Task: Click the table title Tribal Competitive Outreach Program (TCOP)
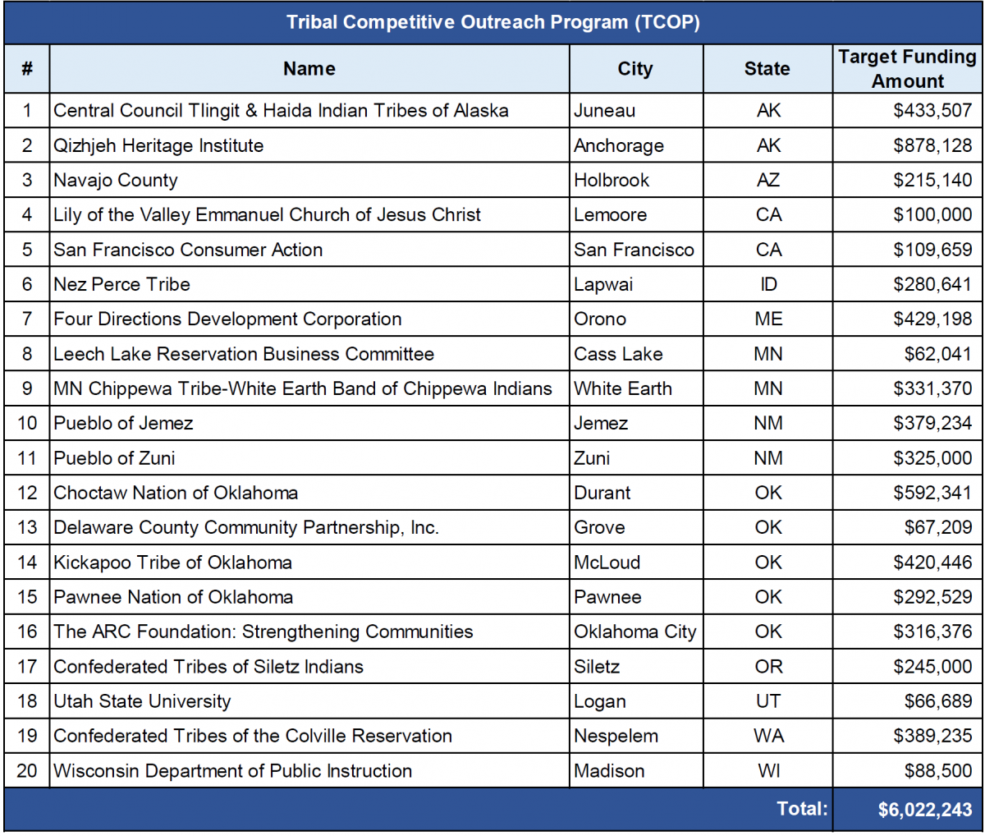click(492, 22)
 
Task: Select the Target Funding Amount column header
click(907, 69)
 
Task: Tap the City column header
click(635, 69)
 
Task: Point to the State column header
click(767, 69)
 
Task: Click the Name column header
click(309, 69)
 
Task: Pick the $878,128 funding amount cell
click(932, 145)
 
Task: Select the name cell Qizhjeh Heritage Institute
click(158, 145)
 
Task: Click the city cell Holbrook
click(612, 180)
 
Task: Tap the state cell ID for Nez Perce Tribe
click(768, 284)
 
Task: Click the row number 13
click(27, 527)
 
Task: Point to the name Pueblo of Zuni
click(114, 458)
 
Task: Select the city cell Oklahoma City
click(635, 632)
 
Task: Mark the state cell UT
click(768, 701)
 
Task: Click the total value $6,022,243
click(924, 810)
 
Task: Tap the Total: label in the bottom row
click(802, 809)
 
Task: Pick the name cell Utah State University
click(142, 701)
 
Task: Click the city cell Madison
click(609, 771)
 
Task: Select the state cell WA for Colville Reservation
click(768, 736)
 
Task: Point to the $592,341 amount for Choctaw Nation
click(932, 493)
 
